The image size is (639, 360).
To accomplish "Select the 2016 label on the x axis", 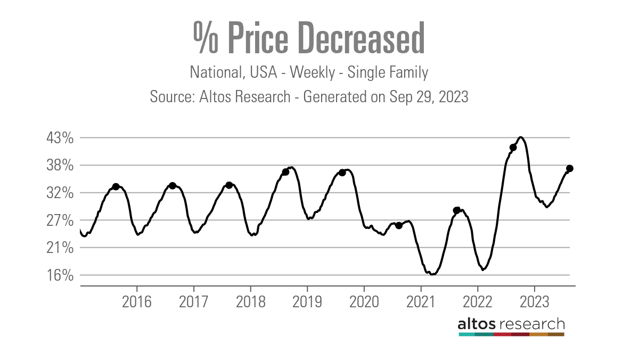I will coord(136,301).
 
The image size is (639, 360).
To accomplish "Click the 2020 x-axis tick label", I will coord(364,301).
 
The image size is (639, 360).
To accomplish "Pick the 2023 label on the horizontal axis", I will coord(534,301).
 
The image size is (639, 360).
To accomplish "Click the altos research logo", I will coord(511,326).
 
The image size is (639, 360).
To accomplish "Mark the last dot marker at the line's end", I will coord(569,168).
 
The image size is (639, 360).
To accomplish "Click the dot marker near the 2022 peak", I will coord(513,148).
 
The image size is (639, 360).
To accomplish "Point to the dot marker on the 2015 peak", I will coord(116,186).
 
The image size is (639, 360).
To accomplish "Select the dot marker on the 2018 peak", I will coord(285,171).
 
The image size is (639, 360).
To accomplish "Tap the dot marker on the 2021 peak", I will coord(456,210).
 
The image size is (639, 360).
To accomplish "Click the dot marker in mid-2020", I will coord(399,225).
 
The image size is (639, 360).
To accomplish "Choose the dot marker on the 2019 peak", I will coord(342,173).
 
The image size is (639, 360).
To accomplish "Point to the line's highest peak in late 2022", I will coord(521,137).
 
